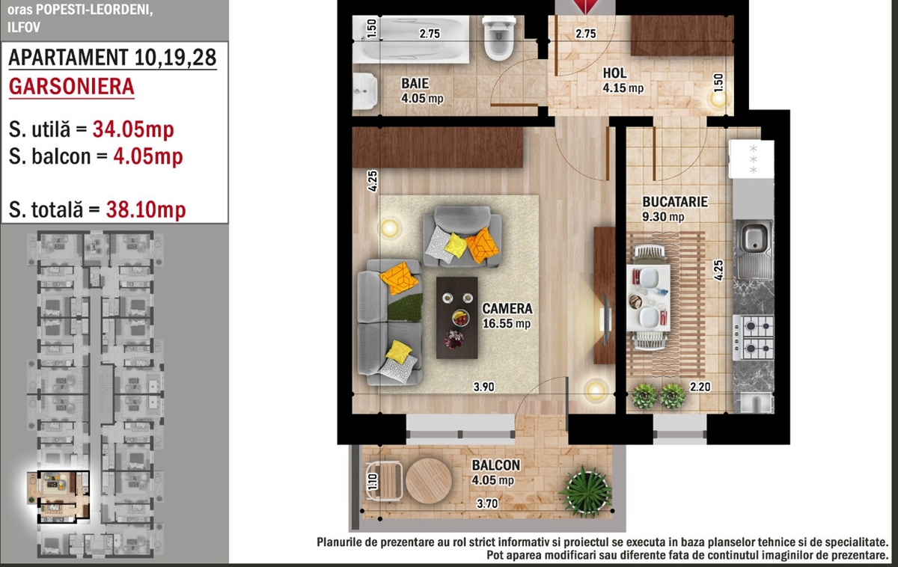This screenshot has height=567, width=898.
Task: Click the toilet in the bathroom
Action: pyautogui.click(x=498, y=38)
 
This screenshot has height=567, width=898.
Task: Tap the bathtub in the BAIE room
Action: pyautogui.click(x=411, y=39)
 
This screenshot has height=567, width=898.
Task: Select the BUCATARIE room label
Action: pyautogui.click(x=675, y=201)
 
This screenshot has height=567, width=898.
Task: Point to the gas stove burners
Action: pyautogui.click(x=754, y=337)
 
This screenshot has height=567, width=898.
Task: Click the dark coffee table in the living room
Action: pyautogui.click(x=456, y=318)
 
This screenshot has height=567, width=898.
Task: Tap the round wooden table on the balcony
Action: pyautogui.click(x=429, y=481)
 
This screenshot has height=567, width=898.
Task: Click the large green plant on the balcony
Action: pyautogui.click(x=586, y=491)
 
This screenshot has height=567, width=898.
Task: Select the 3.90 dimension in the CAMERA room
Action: pyautogui.click(x=484, y=387)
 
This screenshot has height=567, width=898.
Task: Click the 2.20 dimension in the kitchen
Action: pyautogui.click(x=700, y=387)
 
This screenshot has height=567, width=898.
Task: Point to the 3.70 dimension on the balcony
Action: pyautogui.click(x=487, y=503)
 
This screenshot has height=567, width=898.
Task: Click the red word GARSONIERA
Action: pyautogui.click(x=71, y=86)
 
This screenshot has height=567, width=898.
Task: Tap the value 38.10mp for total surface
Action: pyautogui.click(x=146, y=209)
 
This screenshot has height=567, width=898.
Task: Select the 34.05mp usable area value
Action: pyautogui.click(x=133, y=129)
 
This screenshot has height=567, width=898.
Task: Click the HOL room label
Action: pyautogui.click(x=614, y=73)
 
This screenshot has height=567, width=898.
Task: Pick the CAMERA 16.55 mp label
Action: pyautogui.click(x=507, y=316)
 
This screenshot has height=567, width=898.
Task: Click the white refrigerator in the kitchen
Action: pyautogui.click(x=751, y=159)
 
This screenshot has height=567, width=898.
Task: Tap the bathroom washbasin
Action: pyautogui.click(x=365, y=91)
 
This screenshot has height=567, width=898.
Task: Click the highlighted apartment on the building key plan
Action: pyautogui.click(x=64, y=497)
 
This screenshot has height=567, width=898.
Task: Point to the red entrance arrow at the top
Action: pyautogui.click(x=586, y=5)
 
